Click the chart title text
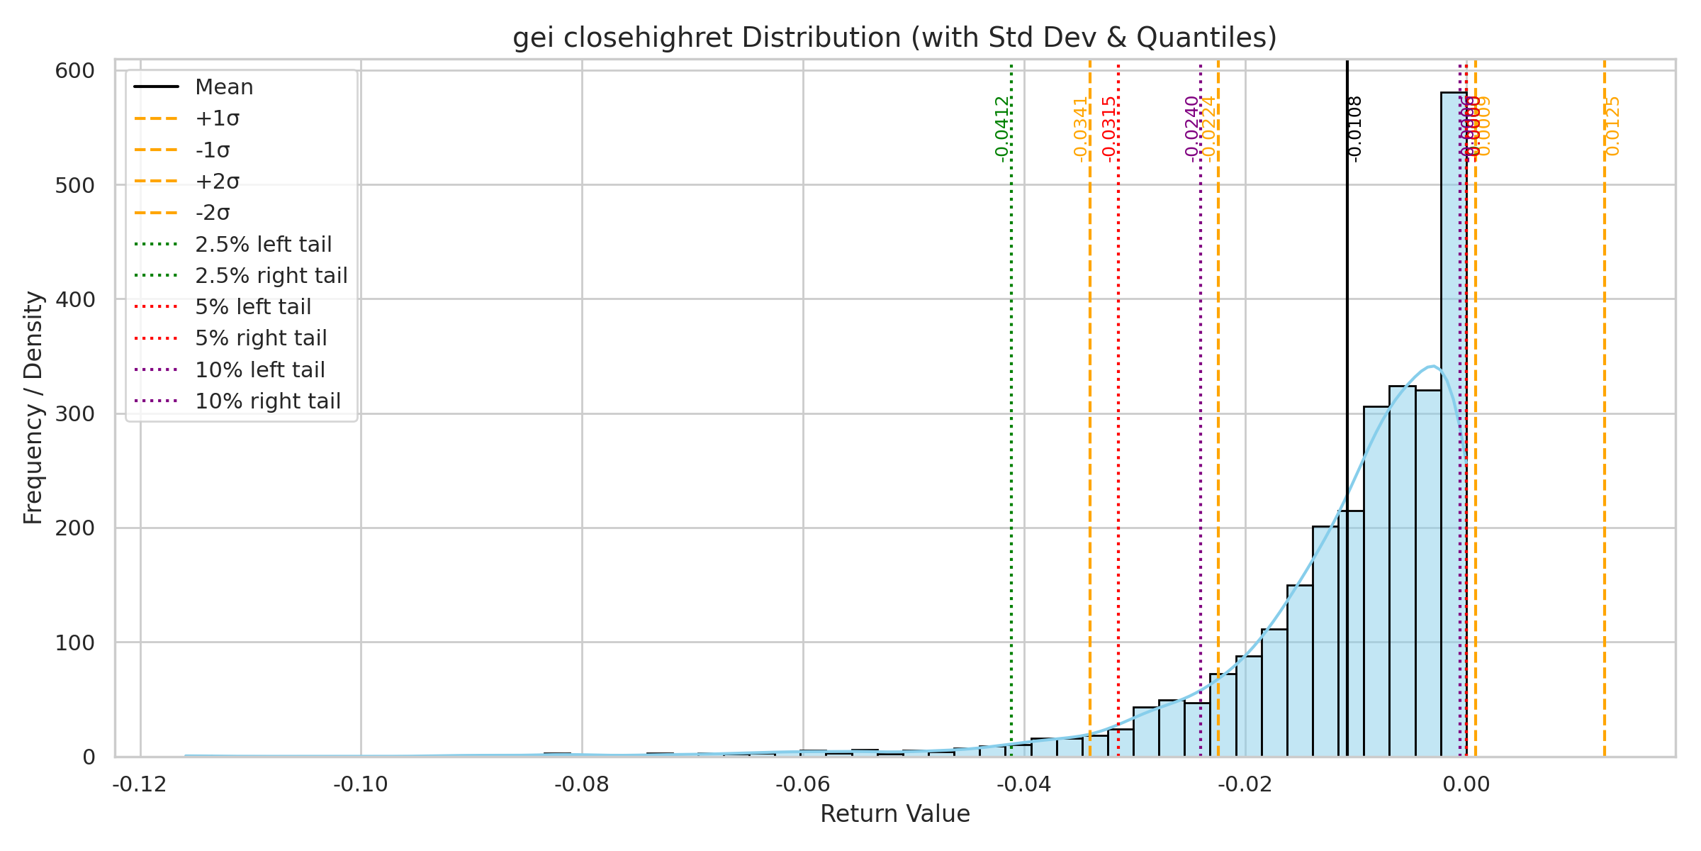894,38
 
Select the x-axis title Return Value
894,814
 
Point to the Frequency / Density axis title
33,408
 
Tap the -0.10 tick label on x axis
361,784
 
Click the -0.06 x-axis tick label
803,784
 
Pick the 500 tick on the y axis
74,186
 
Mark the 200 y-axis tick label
74,528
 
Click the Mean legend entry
224,87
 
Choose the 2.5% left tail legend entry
263,245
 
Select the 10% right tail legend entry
267,401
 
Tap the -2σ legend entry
213,213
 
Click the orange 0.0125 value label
1612,126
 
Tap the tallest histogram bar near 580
1454,425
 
